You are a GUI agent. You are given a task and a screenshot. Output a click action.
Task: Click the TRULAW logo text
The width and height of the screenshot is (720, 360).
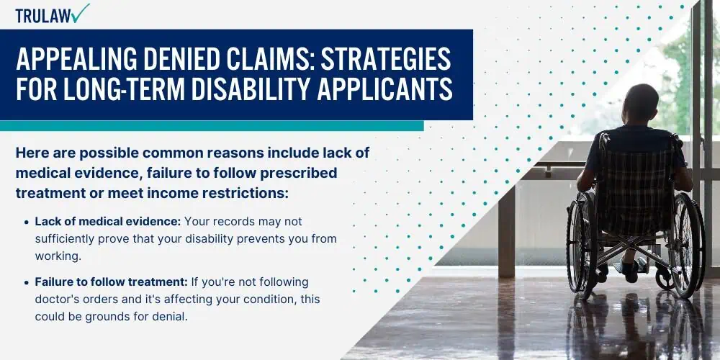pos(44,16)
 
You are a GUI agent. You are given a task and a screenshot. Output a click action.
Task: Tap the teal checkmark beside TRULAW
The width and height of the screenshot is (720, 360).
pos(81,13)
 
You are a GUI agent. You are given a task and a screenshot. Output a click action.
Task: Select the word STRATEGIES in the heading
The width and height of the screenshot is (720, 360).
pos(386,58)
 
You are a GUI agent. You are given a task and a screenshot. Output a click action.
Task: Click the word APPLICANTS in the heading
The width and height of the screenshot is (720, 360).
pos(384,89)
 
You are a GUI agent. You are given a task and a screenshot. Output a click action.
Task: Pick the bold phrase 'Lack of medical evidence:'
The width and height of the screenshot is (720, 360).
pos(108,221)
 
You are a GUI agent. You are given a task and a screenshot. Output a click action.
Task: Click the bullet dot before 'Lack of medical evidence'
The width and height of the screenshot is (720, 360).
pos(26,222)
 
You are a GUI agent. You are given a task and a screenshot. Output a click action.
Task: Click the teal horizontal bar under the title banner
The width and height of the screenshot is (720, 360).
pos(212,125)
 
